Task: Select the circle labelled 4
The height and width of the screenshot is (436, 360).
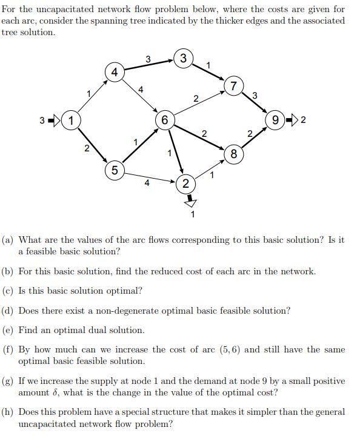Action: pyautogui.click(x=115, y=72)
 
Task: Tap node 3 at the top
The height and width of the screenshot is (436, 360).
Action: pyautogui.click(x=184, y=59)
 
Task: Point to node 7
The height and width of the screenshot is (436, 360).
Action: pyautogui.click(x=233, y=85)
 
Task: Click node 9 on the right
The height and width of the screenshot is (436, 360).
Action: pyautogui.click(x=276, y=120)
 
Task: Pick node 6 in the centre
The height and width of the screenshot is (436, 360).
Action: pyautogui.click(x=164, y=119)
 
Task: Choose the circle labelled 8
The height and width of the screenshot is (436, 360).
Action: pyautogui.click(x=233, y=154)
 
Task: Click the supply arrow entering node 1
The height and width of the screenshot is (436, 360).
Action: pyautogui.click(x=53, y=120)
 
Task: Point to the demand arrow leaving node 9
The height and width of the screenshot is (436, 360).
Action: pyautogui.click(x=293, y=120)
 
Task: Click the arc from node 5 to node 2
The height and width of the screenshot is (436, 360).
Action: pyautogui.click(x=149, y=176)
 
